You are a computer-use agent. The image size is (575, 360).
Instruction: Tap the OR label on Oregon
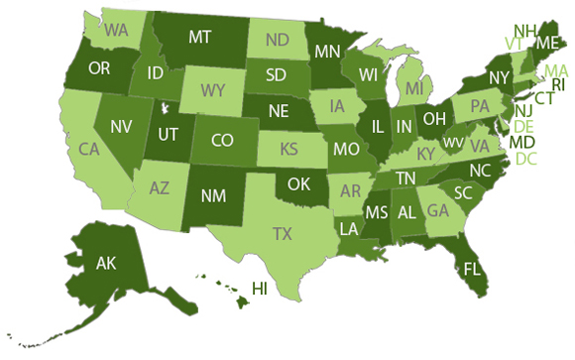click(x=99, y=69)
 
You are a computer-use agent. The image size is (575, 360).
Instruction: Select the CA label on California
click(x=90, y=150)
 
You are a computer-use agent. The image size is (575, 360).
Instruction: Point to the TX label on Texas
click(x=284, y=234)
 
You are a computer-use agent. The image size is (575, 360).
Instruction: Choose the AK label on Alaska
click(x=106, y=264)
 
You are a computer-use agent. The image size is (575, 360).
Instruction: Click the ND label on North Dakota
click(x=277, y=43)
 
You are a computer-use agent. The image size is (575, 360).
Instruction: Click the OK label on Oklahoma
click(x=299, y=183)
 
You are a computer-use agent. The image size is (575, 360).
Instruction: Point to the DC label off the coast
click(x=526, y=159)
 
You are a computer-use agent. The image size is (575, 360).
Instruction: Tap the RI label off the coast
click(x=557, y=84)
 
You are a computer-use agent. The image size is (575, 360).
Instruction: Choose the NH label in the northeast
click(x=525, y=30)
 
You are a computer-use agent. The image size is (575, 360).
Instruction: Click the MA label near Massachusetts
click(x=555, y=70)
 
